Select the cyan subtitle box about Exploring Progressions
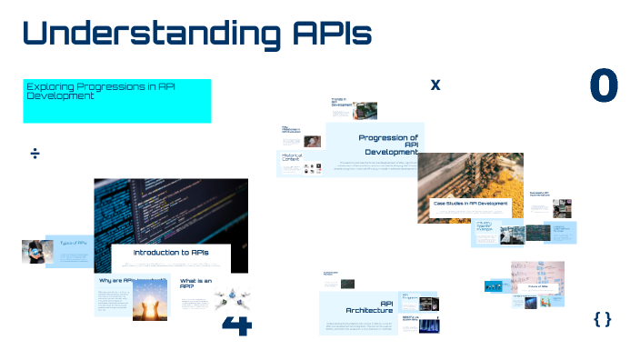click(116, 101)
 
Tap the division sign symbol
click(35, 154)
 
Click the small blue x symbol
click(435, 85)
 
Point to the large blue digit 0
click(604, 85)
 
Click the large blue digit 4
click(235, 325)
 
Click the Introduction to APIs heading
click(171, 252)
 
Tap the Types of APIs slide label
click(74, 243)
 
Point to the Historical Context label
click(292, 158)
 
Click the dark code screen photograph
click(171, 209)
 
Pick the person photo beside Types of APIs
click(34, 251)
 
